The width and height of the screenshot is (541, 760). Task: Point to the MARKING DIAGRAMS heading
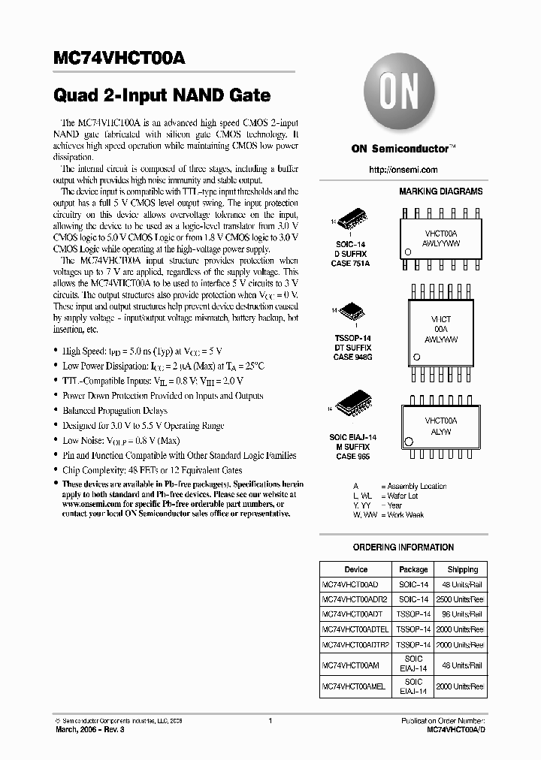click(440, 192)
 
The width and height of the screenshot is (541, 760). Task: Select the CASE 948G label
click(352, 357)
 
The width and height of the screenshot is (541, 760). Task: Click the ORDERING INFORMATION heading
click(403, 547)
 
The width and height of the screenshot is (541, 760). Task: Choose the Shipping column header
click(462, 569)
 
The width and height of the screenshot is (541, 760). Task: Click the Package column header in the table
click(413, 569)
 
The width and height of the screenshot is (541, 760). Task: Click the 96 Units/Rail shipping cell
click(462, 614)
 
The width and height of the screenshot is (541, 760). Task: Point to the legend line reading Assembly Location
click(413, 486)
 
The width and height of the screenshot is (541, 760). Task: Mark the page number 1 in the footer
click(270, 721)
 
